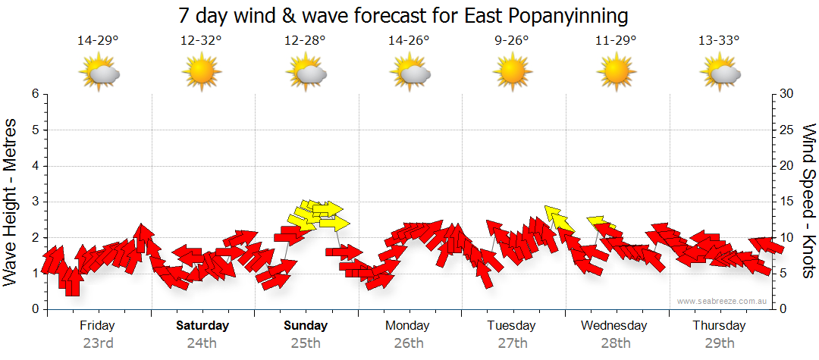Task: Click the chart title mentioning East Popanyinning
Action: [x=403, y=14]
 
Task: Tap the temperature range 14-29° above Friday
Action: [x=99, y=41]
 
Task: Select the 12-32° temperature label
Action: [x=202, y=41]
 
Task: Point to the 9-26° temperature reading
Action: [x=513, y=41]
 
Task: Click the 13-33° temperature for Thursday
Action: [x=719, y=41]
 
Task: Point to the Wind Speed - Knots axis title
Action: [x=808, y=201]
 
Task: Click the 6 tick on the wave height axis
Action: [x=34, y=94]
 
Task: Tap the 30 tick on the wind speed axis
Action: [x=788, y=94]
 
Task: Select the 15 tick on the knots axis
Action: [x=788, y=202]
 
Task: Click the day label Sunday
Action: [x=306, y=326]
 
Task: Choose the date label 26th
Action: [x=409, y=343]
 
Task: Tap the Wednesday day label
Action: [x=614, y=326]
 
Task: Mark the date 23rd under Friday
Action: [x=99, y=343]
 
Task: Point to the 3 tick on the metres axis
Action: [x=34, y=202]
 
